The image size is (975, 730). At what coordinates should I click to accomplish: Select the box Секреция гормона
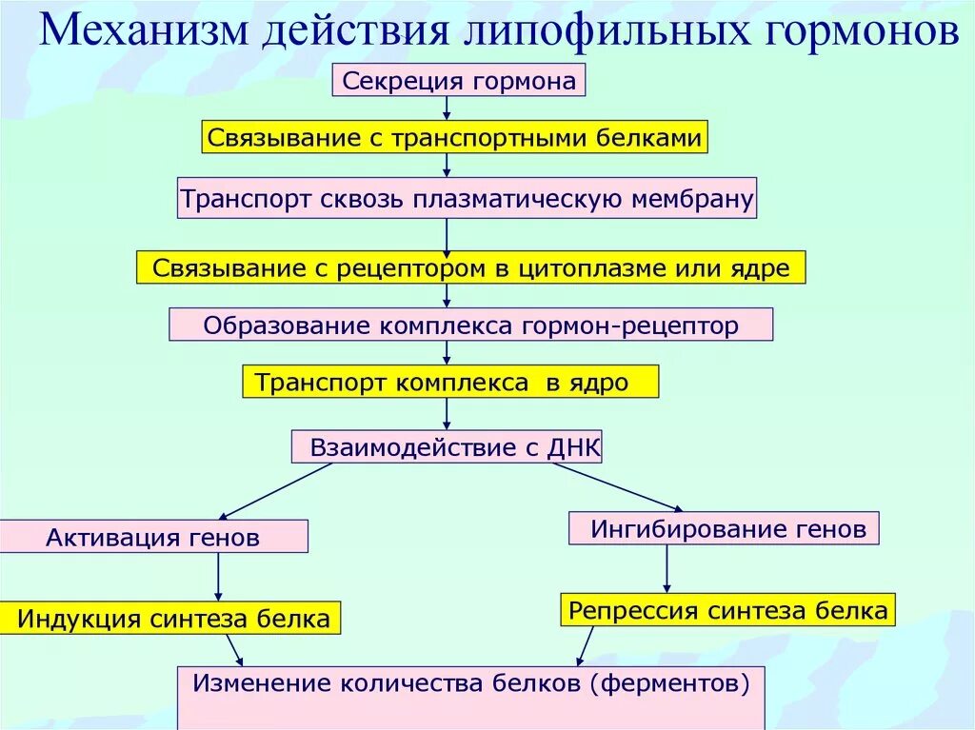click(458, 81)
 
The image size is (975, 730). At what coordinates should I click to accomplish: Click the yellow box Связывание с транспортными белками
click(455, 138)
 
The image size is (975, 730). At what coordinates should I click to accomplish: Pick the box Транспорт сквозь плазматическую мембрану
click(468, 200)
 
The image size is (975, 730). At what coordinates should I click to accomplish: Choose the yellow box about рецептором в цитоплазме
click(470, 268)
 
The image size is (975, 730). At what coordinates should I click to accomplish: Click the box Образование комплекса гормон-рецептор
click(470, 326)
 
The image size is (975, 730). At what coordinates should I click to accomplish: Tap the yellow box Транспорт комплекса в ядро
click(450, 383)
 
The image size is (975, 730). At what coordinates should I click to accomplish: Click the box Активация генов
click(153, 537)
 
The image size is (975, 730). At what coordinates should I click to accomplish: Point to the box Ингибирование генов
click(724, 528)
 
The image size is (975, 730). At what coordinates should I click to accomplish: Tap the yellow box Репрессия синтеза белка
click(728, 610)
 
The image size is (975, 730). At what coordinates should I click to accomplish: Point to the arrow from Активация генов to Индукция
click(218, 577)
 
